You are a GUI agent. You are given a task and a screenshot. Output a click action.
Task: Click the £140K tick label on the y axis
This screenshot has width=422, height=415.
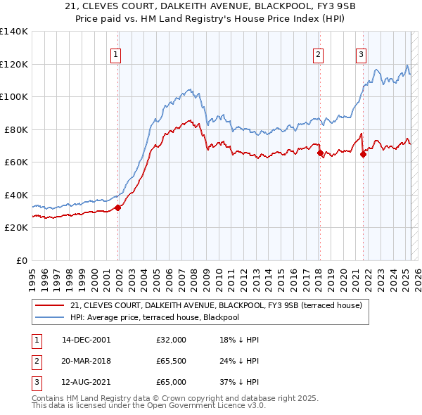point(14,32)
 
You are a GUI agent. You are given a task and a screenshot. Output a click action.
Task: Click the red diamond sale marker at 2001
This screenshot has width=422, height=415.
point(118,207)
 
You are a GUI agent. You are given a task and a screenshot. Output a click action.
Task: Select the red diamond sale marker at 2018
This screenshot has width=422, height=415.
point(320,153)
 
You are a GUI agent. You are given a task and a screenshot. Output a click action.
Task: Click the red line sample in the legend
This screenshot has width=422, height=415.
point(49,305)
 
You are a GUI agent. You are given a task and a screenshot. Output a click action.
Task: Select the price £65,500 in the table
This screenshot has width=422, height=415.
point(172,361)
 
